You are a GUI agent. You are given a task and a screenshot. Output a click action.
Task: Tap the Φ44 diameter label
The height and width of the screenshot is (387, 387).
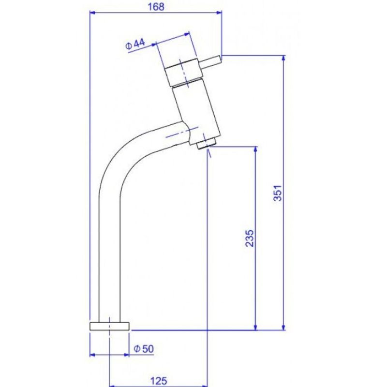click(135, 45)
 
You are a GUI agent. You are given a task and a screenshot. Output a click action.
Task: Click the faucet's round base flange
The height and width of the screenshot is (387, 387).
click(110, 325)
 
